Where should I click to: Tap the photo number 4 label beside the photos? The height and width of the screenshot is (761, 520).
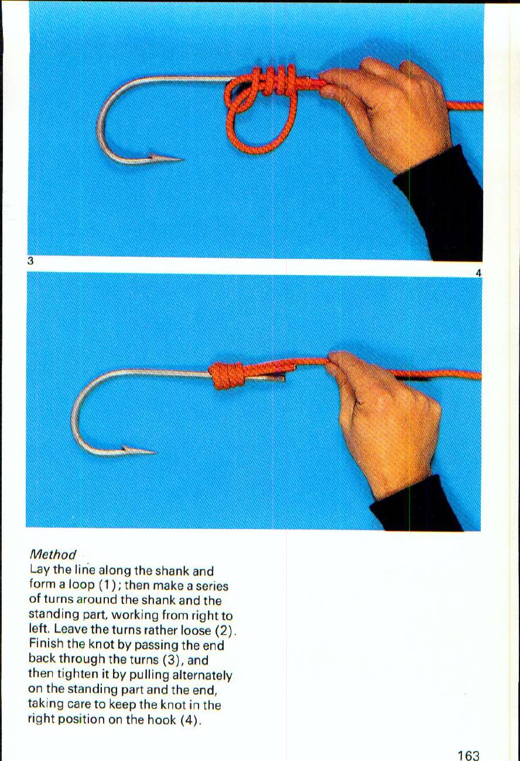(x=478, y=273)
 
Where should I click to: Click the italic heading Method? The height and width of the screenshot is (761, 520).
(x=53, y=554)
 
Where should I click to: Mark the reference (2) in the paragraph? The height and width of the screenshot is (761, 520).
(x=225, y=631)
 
